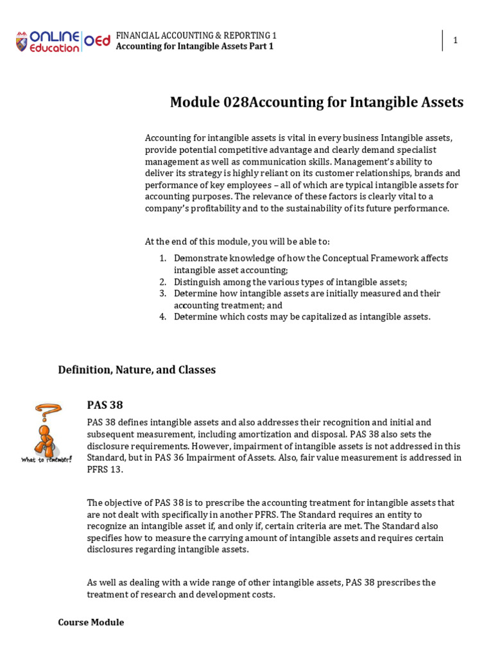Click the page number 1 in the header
[x=455, y=40]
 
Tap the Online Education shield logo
[x=22, y=42]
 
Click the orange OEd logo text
[x=98, y=41]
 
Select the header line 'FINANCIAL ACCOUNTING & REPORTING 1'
[x=196, y=36]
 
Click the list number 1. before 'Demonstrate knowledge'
[x=163, y=258]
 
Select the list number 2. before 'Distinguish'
[x=163, y=282]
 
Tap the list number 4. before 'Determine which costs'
[x=163, y=317]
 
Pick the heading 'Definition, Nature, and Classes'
[x=137, y=370]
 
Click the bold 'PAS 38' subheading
[x=105, y=405]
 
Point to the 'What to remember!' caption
[x=46, y=459]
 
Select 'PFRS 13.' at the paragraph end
[x=105, y=469]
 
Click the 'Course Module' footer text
[x=91, y=623]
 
